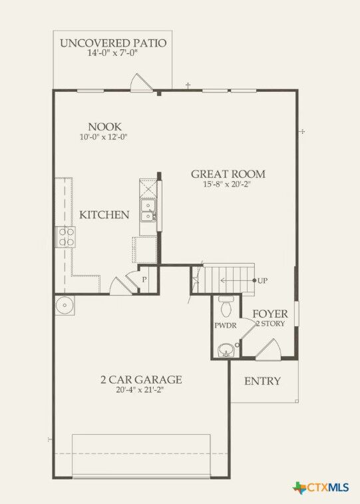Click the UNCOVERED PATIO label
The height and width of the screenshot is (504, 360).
coord(113,44)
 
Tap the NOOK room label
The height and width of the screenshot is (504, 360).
coord(105,126)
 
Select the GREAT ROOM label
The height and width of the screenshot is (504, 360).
coord(228,174)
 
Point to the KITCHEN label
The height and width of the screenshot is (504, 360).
coord(104,215)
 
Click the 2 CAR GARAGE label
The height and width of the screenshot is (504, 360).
coord(141,379)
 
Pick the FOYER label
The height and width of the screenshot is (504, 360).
coord(270,314)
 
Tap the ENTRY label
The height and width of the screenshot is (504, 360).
coord(262,381)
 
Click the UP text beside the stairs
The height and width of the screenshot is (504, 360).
coord(263,280)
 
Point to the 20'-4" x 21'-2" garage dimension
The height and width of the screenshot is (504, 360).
coord(141,390)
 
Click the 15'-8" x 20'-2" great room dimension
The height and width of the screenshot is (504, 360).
coord(228,184)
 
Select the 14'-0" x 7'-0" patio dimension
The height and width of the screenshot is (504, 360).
coord(113,55)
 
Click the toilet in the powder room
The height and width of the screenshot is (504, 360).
coord(226,306)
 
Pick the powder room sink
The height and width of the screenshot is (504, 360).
coord(226,348)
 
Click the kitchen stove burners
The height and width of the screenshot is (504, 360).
coord(66,237)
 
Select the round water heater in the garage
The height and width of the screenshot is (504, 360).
coord(65,306)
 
